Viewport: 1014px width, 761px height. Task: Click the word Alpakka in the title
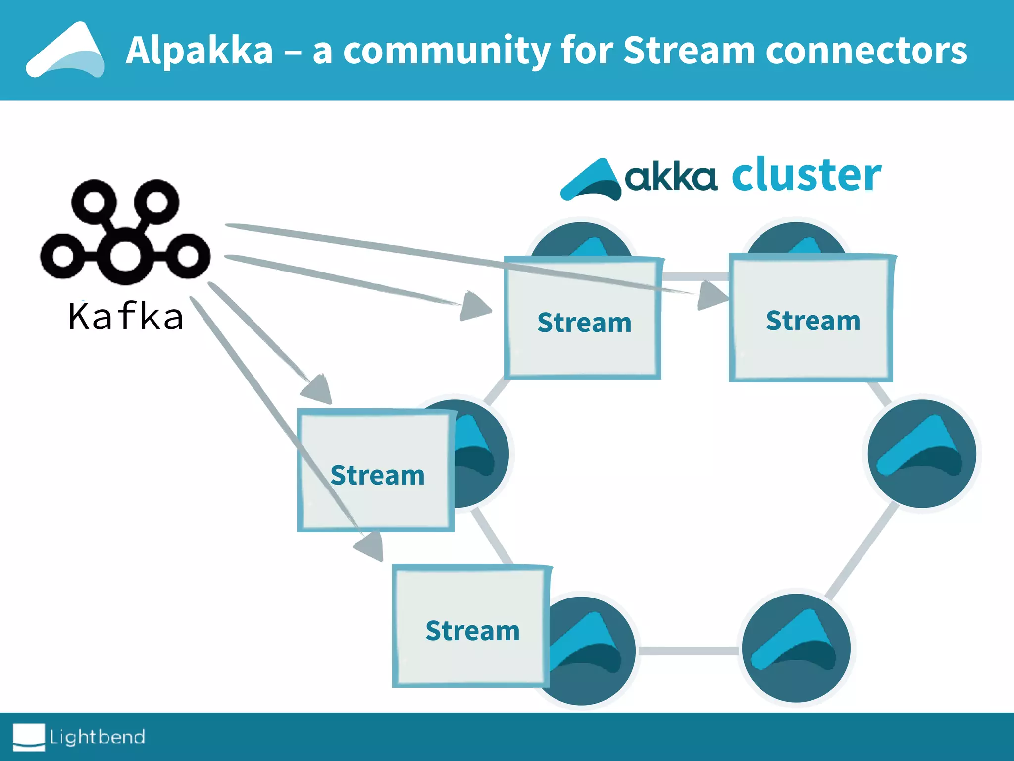tap(199, 51)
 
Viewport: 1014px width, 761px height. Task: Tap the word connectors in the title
tap(866, 51)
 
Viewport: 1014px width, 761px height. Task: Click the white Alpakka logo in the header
tap(65, 51)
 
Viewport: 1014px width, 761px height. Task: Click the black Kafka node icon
tap(125, 231)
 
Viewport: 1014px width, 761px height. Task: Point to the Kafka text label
tap(126, 317)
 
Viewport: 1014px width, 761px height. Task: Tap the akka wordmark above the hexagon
tap(671, 177)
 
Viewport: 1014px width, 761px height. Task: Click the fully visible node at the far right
tap(922, 454)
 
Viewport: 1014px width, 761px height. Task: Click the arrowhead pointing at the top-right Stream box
tap(711, 295)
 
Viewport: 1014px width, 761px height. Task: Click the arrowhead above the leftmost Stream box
tap(318, 389)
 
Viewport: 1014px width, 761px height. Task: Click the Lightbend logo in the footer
tap(79, 737)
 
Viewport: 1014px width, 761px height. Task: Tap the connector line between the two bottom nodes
tap(688, 651)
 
